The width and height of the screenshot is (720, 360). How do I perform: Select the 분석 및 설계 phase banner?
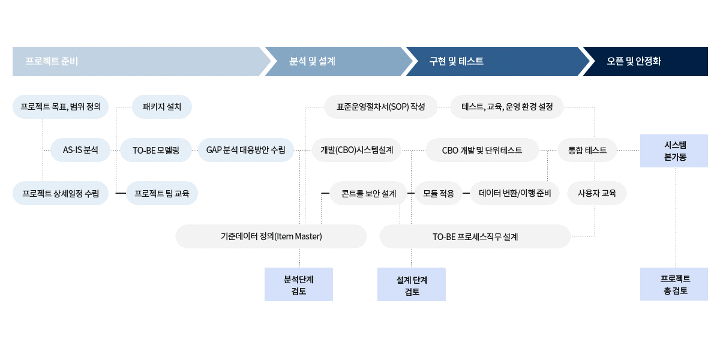pyautogui.click(x=336, y=61)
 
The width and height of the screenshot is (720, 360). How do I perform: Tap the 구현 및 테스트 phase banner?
pyautogui.click(x=492, y=61)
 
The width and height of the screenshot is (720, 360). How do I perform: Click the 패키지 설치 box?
pyautogui.click(x=162, y=107)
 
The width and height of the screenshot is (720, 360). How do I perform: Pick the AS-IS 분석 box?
pyautogui.click(x=80, y=150)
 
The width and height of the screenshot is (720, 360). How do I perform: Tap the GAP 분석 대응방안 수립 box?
pyautogui.click(x=246, y=150)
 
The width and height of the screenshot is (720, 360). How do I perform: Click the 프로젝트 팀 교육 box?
pyautogui.click(x=162, y=193)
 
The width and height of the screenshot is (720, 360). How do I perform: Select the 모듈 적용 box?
pyautogui.click(x=438, y=193)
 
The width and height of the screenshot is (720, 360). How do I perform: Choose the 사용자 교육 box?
pyautogui.click(x=596, y=193)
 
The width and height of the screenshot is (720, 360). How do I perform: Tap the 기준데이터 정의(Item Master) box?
pyautogui.click(x=271, y=236)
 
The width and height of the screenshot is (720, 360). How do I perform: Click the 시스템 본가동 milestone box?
pyautogui.click(x=674, y=151)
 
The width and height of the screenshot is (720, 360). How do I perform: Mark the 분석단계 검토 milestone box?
pyautogui.click(x=299, y=284)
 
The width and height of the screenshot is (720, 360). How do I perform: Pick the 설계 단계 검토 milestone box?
pyautogui.click(x=412, y=284)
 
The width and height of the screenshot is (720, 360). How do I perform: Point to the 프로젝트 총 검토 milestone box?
pyautogui.click(x=674, y=284)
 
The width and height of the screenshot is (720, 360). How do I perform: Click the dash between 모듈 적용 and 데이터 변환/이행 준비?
pyautogui.click(x=466, y=193)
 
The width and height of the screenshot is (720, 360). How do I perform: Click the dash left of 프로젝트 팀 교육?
pyautogui.click(x=120, y=193)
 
